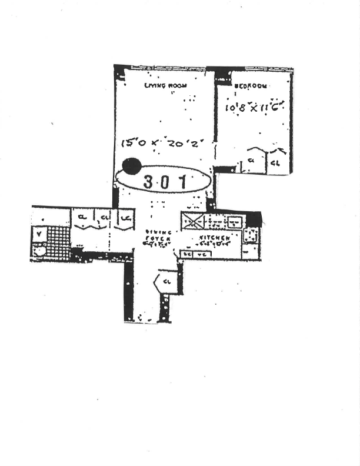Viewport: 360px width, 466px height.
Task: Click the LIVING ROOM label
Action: (x=166, y=86)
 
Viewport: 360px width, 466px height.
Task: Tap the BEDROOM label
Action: (x=251, y=86)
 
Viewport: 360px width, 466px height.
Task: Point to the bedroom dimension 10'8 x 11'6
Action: (x=255, y=108)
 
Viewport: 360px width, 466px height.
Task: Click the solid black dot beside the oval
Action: (x=131, y=167)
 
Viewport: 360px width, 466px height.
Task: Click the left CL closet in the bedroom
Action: (x=251, y=160)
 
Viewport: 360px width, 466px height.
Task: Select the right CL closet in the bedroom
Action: (x=275, y=161)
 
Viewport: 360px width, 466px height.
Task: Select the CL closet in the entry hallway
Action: (x=166, y=281)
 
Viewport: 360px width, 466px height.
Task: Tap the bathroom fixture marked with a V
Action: (x=39, y=234)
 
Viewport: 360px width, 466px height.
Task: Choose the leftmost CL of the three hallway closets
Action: (x=82, y=218)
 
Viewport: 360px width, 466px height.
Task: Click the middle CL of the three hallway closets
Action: (x=104, y=218)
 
